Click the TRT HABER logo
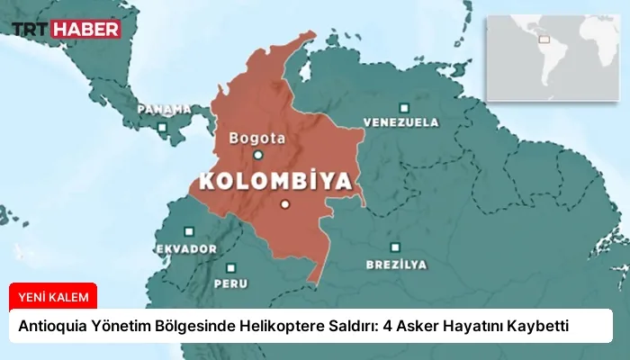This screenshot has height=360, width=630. [66, 29]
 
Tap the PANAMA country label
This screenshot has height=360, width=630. [164, 109]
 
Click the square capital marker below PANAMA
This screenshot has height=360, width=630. [162, 128]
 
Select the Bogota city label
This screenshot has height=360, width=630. [257, 139]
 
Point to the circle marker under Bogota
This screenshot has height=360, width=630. [258, 155]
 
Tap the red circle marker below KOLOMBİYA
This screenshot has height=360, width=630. [285, 204]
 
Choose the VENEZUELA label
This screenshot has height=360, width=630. [400, 121]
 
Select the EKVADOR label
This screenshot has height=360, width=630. [186, 248]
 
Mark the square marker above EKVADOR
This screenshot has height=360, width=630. [189, 229]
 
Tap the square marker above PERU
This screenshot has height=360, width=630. [231, 267]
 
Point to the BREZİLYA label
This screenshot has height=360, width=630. [396, 265]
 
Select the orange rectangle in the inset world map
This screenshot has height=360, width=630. [543, 38]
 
